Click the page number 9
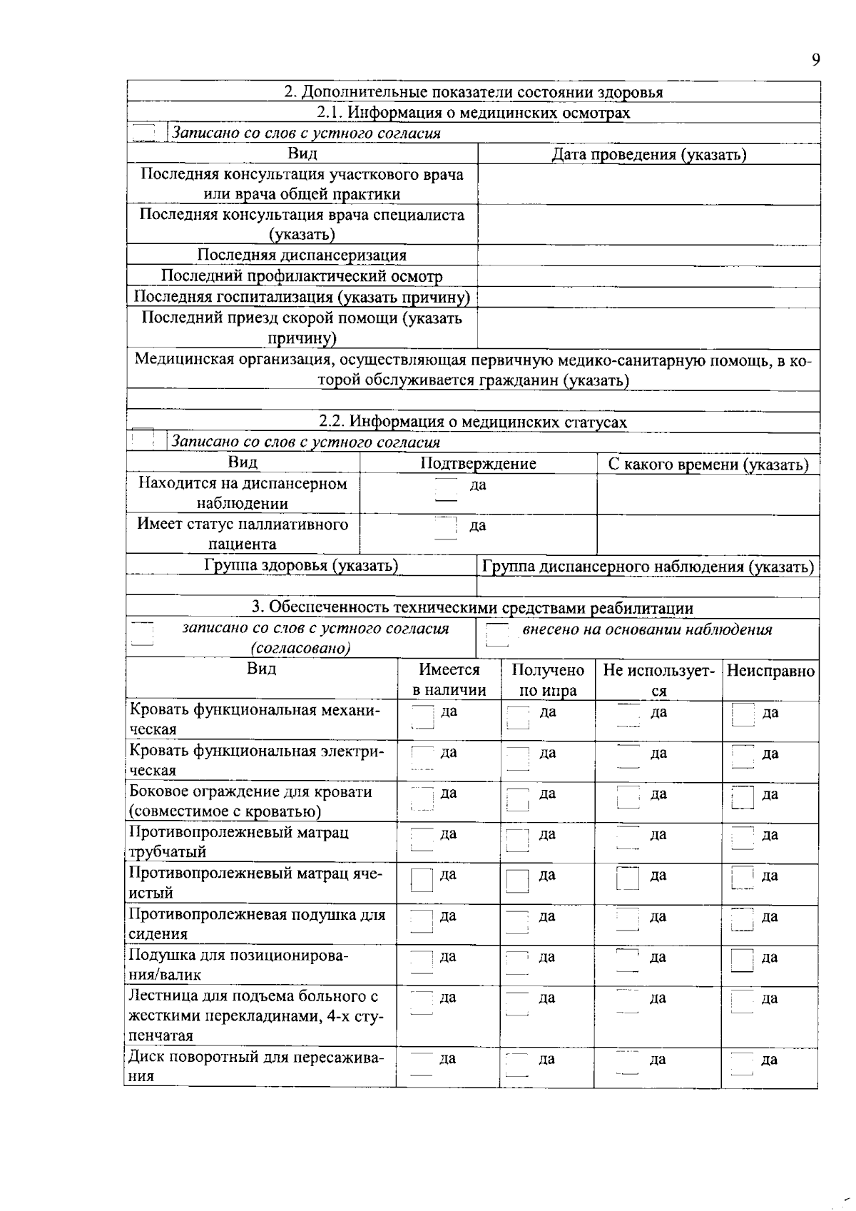815,60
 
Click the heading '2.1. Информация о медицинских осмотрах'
474,113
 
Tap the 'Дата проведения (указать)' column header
649,154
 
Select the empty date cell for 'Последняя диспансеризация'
648,255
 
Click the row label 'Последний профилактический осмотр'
301,276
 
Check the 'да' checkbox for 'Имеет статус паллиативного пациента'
446,528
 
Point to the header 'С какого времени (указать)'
708,465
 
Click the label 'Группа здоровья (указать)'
300,566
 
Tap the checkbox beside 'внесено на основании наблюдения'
497,634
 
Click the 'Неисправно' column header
770,671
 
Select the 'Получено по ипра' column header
548,680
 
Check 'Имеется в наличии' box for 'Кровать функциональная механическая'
422,716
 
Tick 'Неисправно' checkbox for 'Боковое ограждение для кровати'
743,797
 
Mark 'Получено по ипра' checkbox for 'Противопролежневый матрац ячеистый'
517,880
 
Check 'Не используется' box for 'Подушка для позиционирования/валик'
627,961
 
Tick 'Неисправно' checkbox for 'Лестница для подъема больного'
743,1002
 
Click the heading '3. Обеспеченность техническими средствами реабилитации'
472,607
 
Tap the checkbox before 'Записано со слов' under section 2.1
144,133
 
